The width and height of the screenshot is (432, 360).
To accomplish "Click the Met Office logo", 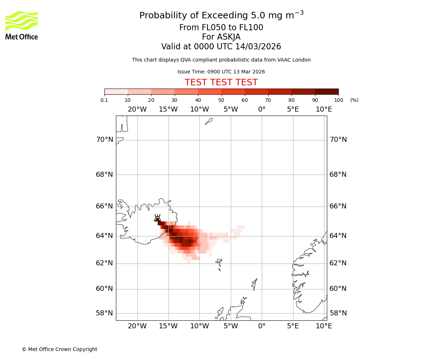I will pos(22,25).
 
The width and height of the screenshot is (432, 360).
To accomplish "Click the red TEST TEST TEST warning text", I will pos(221,83).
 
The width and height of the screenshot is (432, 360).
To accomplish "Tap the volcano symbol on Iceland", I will pos(157,218).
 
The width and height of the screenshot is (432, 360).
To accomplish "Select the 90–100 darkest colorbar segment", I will pos(327,91).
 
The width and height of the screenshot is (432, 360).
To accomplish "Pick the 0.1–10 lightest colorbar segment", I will pos(116,91).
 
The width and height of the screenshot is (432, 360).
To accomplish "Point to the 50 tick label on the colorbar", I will pos(221,100).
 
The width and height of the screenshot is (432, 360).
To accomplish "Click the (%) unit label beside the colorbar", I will pos(354,100).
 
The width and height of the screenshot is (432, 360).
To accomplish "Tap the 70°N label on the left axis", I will pos(104,140).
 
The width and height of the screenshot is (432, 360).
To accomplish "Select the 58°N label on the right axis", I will pos(338,313).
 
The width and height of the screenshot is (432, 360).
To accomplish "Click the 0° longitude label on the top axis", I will pos(262,109).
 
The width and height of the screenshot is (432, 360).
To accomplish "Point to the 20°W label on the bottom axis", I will pos(137,326).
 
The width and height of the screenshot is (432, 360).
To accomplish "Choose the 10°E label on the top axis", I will pos(324,109).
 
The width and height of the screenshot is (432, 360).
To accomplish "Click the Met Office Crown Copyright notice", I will pos(59,349).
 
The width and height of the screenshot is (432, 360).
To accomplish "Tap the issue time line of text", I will pos(221,72).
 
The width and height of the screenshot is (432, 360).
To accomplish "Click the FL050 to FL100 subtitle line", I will pos(221,28).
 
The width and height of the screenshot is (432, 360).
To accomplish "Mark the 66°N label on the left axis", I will pos(104,206).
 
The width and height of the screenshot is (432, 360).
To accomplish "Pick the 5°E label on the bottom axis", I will pos(293,326).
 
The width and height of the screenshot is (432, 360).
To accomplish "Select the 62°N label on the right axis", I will pos(338,263).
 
